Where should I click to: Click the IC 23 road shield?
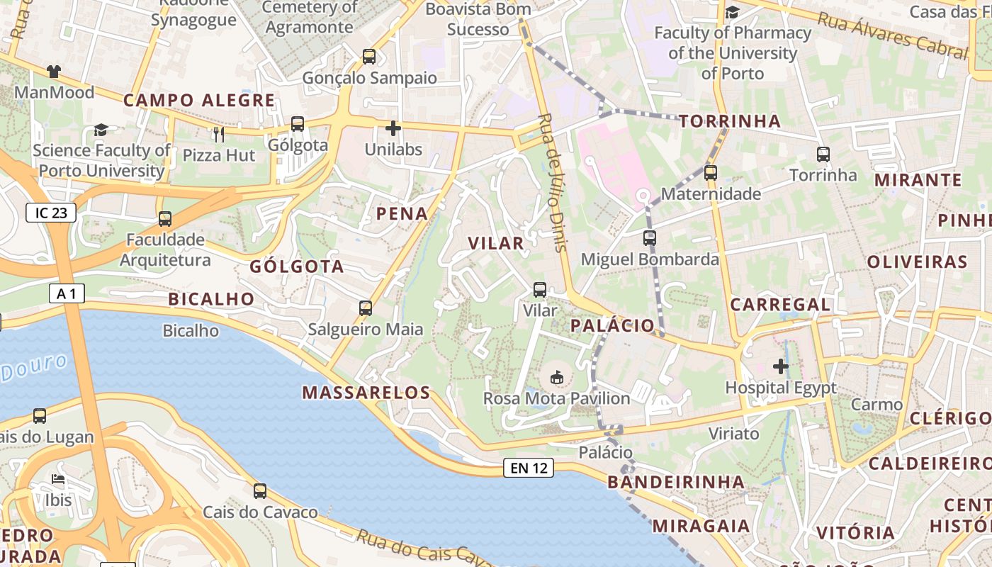(51, 213)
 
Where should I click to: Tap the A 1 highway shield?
(67, 293)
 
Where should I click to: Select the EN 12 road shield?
(529, 468)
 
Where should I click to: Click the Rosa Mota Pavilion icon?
(557, 377)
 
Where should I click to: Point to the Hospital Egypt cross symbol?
(781, 366)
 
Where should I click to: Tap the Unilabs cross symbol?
(393, 128)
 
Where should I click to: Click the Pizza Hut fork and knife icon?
(219, 133)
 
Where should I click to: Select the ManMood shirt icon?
(54, 71)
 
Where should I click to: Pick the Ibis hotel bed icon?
(58, 480)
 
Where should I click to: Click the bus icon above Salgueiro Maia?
(366, 308)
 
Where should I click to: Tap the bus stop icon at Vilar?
(540, 289)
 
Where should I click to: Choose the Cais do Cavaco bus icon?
(260, 490)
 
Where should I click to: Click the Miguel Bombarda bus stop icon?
(650, 238)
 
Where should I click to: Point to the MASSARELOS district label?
(366, 393)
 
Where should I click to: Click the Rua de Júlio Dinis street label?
(553, 182)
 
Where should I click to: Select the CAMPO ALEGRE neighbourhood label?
(199, 101)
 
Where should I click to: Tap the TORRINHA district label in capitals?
(730, 121)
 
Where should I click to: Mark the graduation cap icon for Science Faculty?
(101, 130)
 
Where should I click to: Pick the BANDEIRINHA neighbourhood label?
(676, 483)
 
